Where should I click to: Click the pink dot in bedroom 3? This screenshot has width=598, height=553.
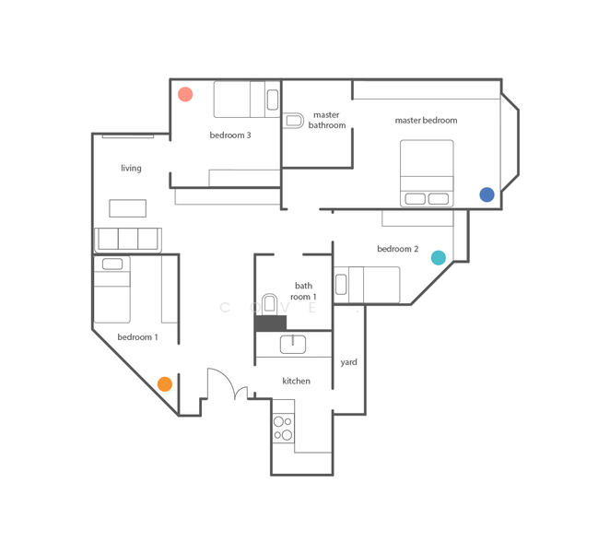pyautogui.click(x=185, y=94)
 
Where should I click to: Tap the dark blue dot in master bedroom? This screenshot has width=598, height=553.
pyautogui.click(x=487, y=194)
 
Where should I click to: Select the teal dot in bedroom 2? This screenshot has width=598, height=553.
pyautogui.click(x=439, y=258)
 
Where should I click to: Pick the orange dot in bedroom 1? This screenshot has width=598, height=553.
pyautogui.click(x=165, y=384)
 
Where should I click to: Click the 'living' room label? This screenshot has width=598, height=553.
pyautogui.click(x=131, y=168)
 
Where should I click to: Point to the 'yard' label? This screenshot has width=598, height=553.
pyautogui.click(x=349, y=362)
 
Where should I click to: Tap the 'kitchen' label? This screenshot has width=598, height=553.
pyautogui.click(x=297, y=381)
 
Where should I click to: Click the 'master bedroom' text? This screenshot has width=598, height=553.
pyautogui.click(x=426, y=120)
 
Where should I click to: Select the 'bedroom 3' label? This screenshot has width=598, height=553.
pyautogui.click(x=230, y=135)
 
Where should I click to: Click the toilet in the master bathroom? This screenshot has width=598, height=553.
pyautogui.click(x=293, y=121)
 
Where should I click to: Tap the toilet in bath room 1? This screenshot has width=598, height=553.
pyautogui.click(x=270, y=304)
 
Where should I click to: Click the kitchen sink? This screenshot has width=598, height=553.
pyautogui.click(x=293, y=345)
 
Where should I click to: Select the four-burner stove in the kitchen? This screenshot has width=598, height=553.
pyautogui.click(x=283, y=428)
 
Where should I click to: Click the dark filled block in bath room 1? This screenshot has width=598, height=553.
pyautogui.click(x=270, y=324)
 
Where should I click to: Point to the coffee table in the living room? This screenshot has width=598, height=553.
pyautogui.click(x=128, y=208)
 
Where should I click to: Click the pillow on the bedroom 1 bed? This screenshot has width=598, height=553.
pyautogui.click(x=112, y=264)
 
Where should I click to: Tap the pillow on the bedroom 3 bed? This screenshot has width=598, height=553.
pyautogui.click(x=273, y=100)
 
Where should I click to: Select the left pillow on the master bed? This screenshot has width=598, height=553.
pyautogui.click(x=416, y=199)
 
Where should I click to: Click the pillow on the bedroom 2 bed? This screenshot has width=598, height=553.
pyautogui.click(x=341, y=285)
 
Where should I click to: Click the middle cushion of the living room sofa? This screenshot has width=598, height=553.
pyautogui.click(x=128, y=239)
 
